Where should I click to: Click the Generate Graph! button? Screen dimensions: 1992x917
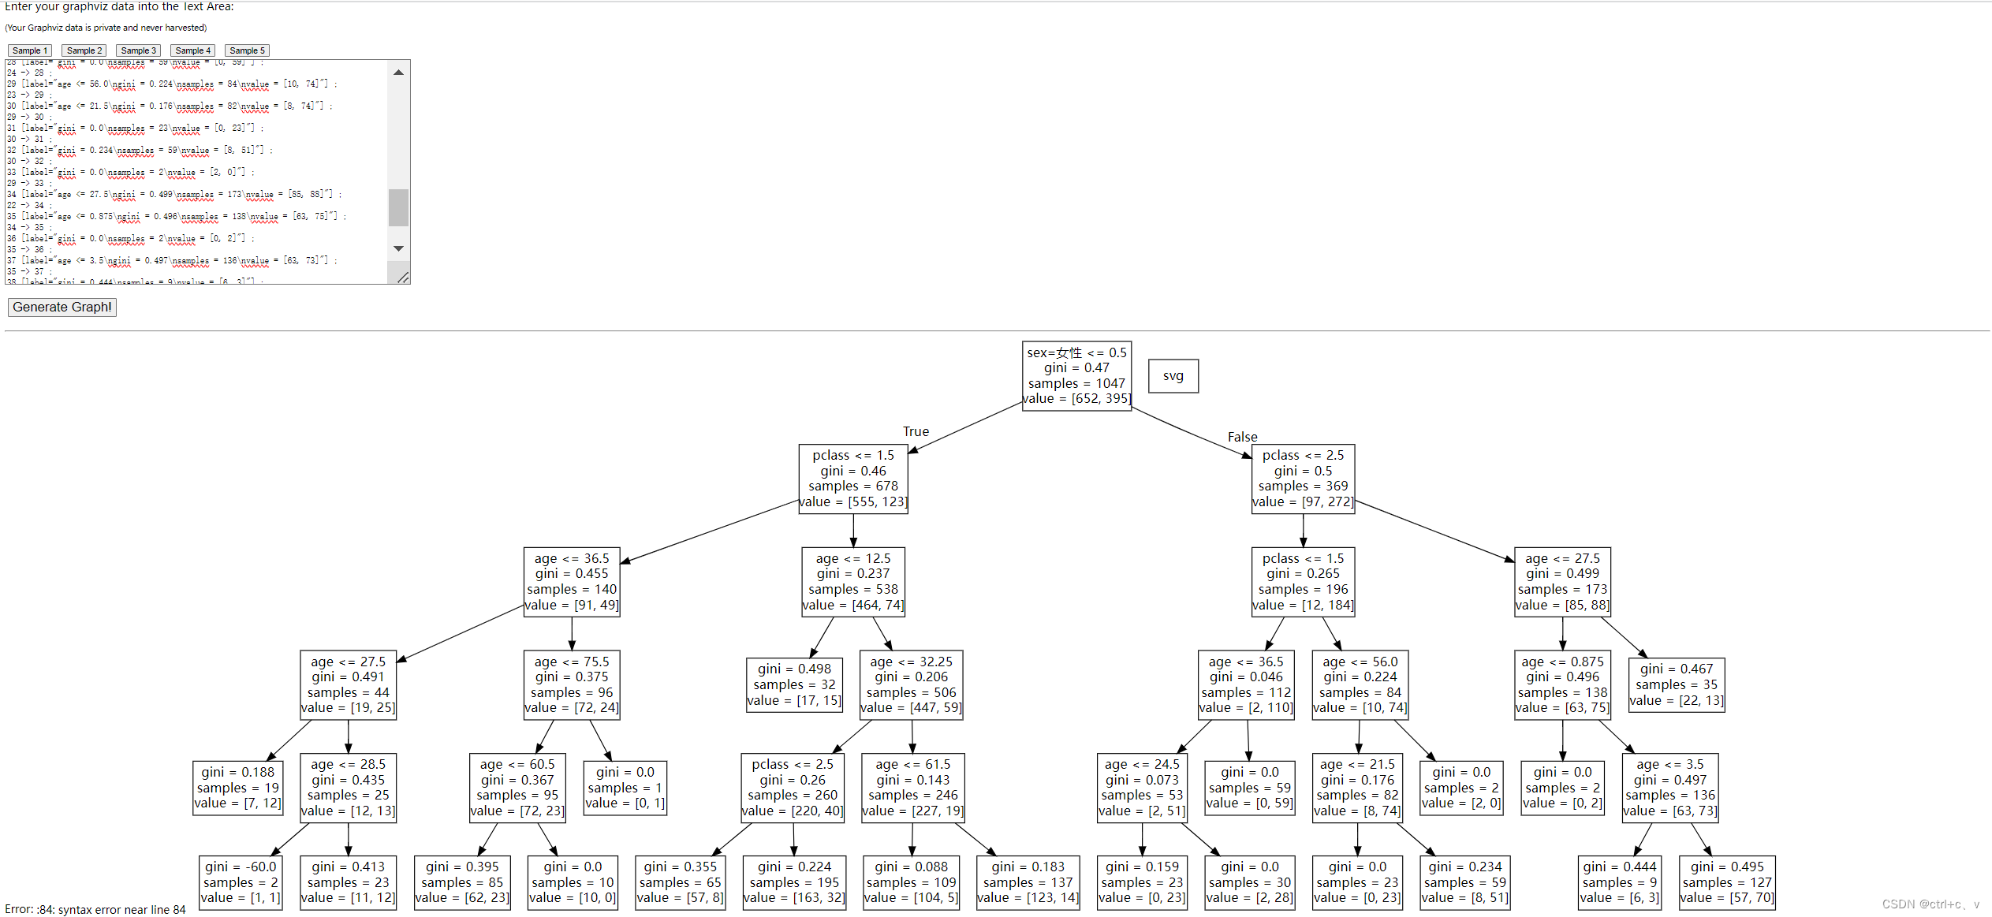pos(62,308)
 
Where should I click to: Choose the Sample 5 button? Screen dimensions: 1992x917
pos(247,50)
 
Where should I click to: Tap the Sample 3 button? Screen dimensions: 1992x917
pos(138,50)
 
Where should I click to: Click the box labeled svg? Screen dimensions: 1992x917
pos(1173,376)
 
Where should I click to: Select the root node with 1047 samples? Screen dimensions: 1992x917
pos(1076,376)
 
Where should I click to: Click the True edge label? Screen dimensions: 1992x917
pos(916,431)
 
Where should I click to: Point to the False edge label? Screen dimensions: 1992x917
pos(1242,437)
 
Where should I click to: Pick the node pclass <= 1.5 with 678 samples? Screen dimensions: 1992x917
pos(853,479)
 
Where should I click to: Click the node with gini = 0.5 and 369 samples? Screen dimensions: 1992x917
pos(1303,479)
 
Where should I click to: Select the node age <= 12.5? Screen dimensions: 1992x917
pos(853,582)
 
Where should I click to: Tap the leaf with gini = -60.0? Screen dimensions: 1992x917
pos(240,882)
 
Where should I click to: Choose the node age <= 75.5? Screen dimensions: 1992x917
pos(572,684)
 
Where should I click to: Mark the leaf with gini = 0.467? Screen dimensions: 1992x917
pos(1677,684)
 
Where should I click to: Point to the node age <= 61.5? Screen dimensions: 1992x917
pos(912,788)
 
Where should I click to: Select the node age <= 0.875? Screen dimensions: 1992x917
pos(1562,684)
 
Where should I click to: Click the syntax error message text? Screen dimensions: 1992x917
pos(95,910)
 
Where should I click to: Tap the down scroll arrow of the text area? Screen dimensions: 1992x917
pos(398,248)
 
